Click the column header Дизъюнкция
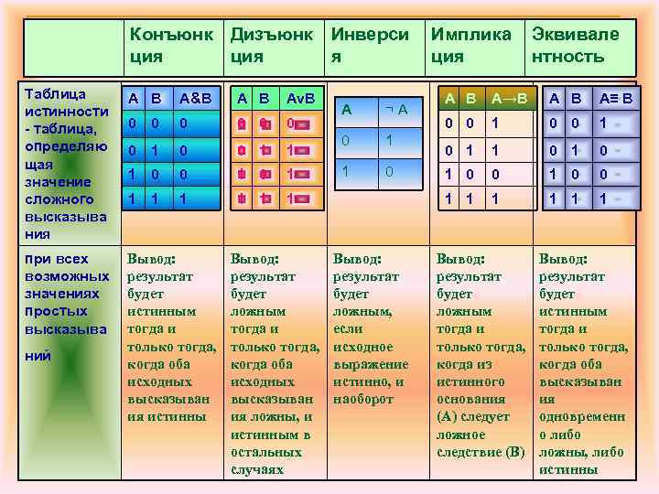point(272,45)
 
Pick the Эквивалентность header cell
point(575,45)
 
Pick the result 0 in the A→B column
point(495,172)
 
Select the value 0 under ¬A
point(390,171)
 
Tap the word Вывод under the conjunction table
point(151,259)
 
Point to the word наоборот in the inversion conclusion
point(364,399)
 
